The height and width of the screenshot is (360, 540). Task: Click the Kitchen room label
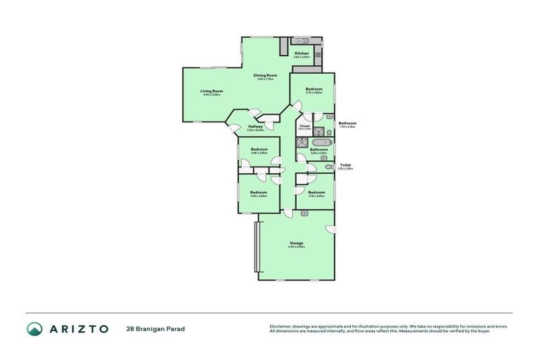pos(302,53)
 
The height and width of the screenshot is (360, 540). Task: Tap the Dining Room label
pos(266,76)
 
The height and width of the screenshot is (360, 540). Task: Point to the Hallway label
pos(255,127)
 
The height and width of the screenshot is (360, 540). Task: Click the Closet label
pos(304,126)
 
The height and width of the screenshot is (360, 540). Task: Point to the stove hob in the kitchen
pos(318,53)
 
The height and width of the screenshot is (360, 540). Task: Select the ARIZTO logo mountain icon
pos(34,328)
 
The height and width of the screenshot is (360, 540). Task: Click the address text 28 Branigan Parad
pos(155,328)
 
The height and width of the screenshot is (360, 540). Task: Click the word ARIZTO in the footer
pos(77,328)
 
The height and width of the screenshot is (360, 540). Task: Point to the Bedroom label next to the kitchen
pos(314,89)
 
